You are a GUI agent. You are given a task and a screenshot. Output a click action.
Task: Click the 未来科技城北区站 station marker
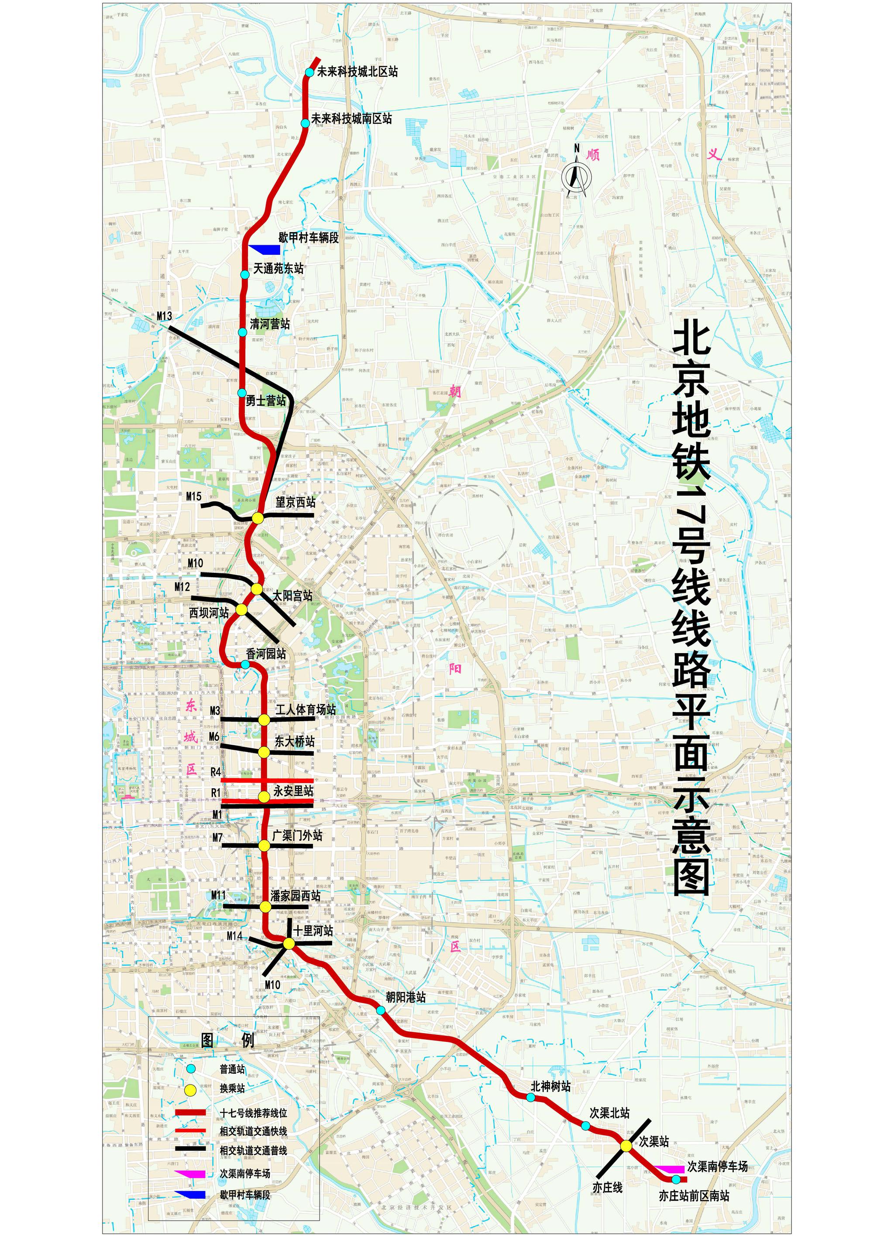(x=309, y=72)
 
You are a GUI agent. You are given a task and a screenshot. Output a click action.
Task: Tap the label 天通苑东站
(x=279, y=268)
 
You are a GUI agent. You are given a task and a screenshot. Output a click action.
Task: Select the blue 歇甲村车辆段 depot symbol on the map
(x=267, y=250)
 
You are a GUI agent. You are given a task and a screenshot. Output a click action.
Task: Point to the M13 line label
(x=164, y=316)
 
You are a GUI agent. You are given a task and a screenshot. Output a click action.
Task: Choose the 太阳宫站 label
(x=293, y=596)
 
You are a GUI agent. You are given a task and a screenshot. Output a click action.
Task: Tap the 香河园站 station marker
(x=245, y=664)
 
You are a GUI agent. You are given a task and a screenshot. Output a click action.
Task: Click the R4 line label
(x=216, y=772)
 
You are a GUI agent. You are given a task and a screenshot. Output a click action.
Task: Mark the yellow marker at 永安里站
(x=264, y=796)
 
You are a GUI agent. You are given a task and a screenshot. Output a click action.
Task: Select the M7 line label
(x=217, y=838)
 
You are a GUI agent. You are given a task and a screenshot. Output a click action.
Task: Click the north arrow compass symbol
(x=576, y=175)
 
